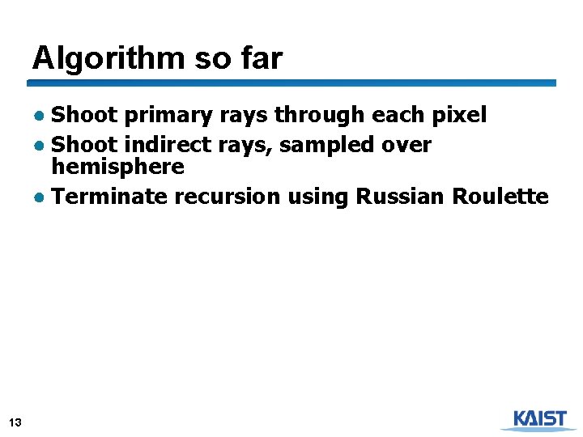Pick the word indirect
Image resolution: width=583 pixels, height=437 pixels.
tap(166, 146)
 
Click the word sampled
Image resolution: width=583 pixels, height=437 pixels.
tap(332, 146)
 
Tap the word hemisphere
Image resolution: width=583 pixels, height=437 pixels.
tap(118, 168)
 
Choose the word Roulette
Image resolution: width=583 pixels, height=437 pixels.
tap(500, 197)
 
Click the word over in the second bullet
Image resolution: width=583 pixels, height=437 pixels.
tap(408, 146)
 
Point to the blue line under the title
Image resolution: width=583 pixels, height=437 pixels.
tap(291, 83)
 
